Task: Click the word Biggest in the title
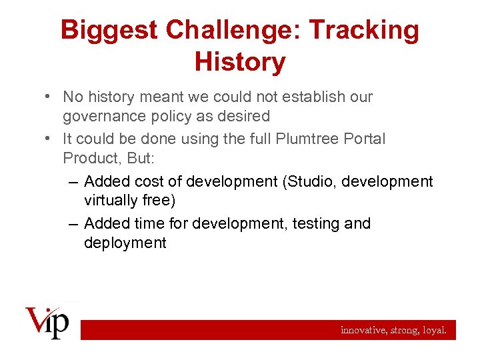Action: tap(109, 30)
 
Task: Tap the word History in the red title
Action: tap(240, 62)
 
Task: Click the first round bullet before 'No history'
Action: tap(49, 97)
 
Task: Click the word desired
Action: tap(245, 117)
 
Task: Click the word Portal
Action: tap(363, 139)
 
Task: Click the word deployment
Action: tap(125, 243)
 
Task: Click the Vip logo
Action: tap(47, 322)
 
